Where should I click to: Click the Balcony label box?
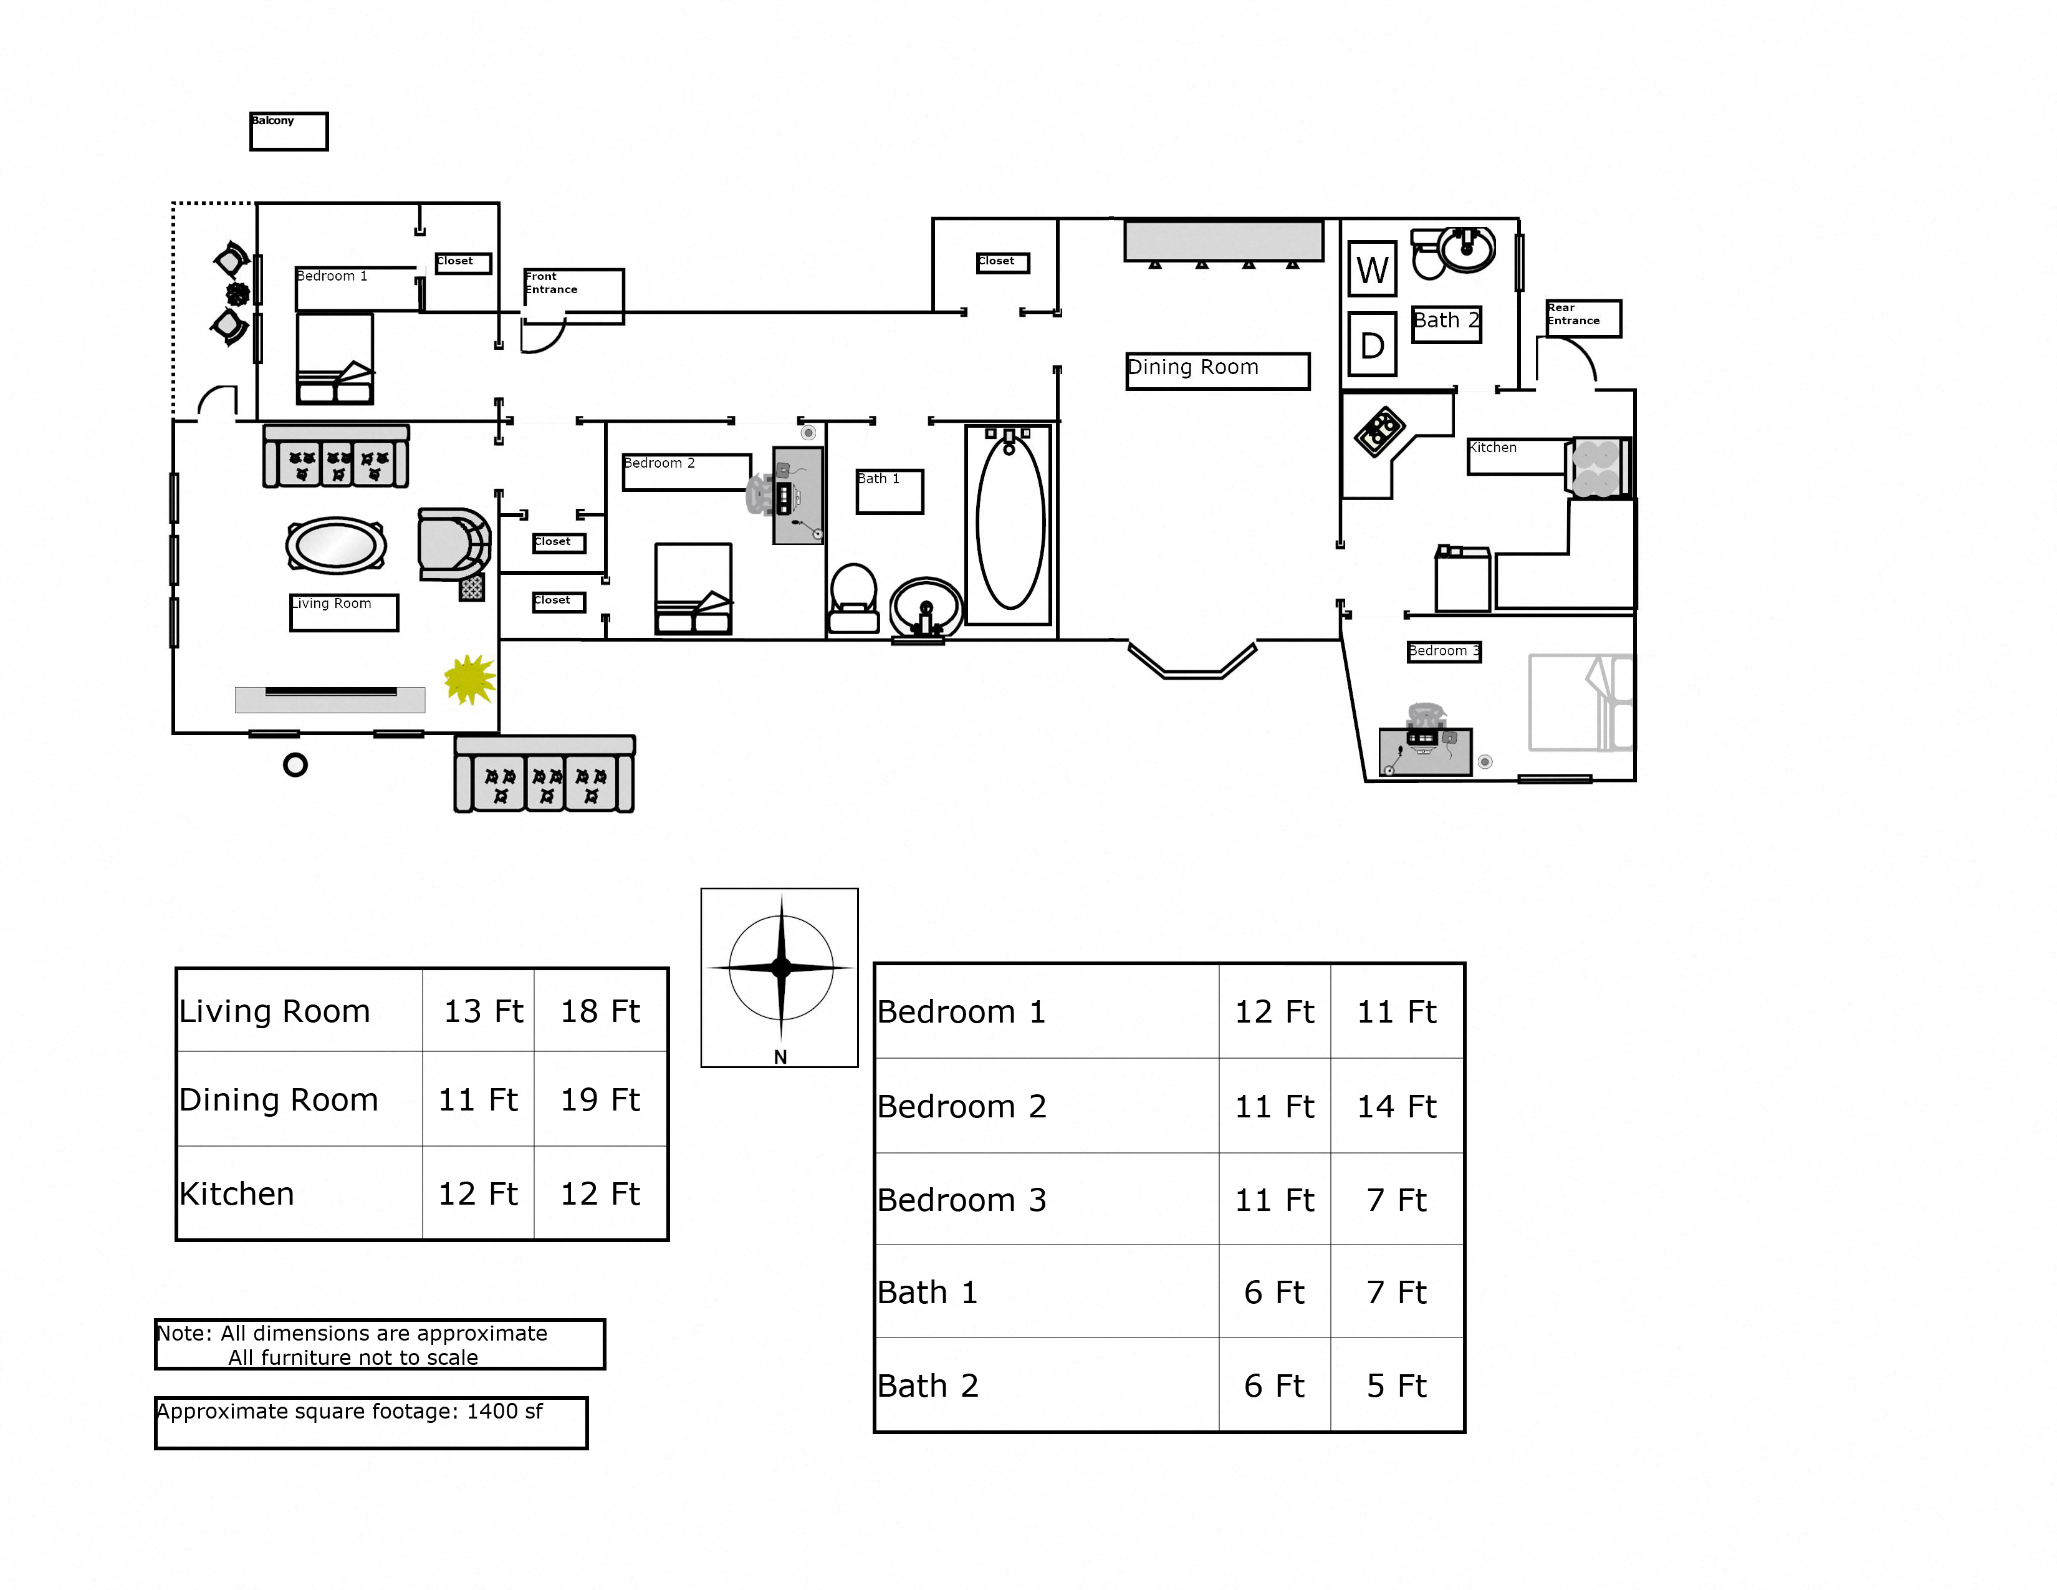point(288,131)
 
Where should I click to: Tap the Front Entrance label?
point(573,295)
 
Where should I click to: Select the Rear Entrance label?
point(1582,317)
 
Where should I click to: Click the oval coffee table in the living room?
point(335,544)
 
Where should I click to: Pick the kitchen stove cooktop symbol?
point(1381,430)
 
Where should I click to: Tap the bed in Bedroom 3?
point(1580,703)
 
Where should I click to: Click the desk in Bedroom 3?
point(1424,751)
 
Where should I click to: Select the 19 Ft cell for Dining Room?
point(600,1099)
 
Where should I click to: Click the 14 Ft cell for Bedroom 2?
point(1396,1106)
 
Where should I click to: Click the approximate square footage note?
point(371,1422)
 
